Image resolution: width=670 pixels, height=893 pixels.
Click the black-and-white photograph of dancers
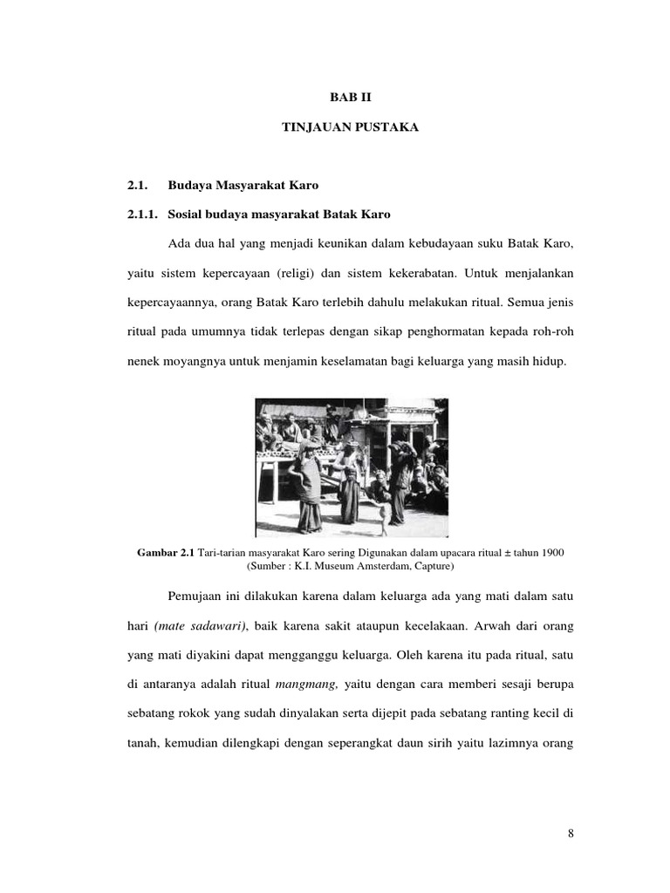click(352, 467)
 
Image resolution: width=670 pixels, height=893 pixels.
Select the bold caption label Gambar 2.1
click(167, 552)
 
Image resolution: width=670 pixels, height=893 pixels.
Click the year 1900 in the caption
click(552, 552)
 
